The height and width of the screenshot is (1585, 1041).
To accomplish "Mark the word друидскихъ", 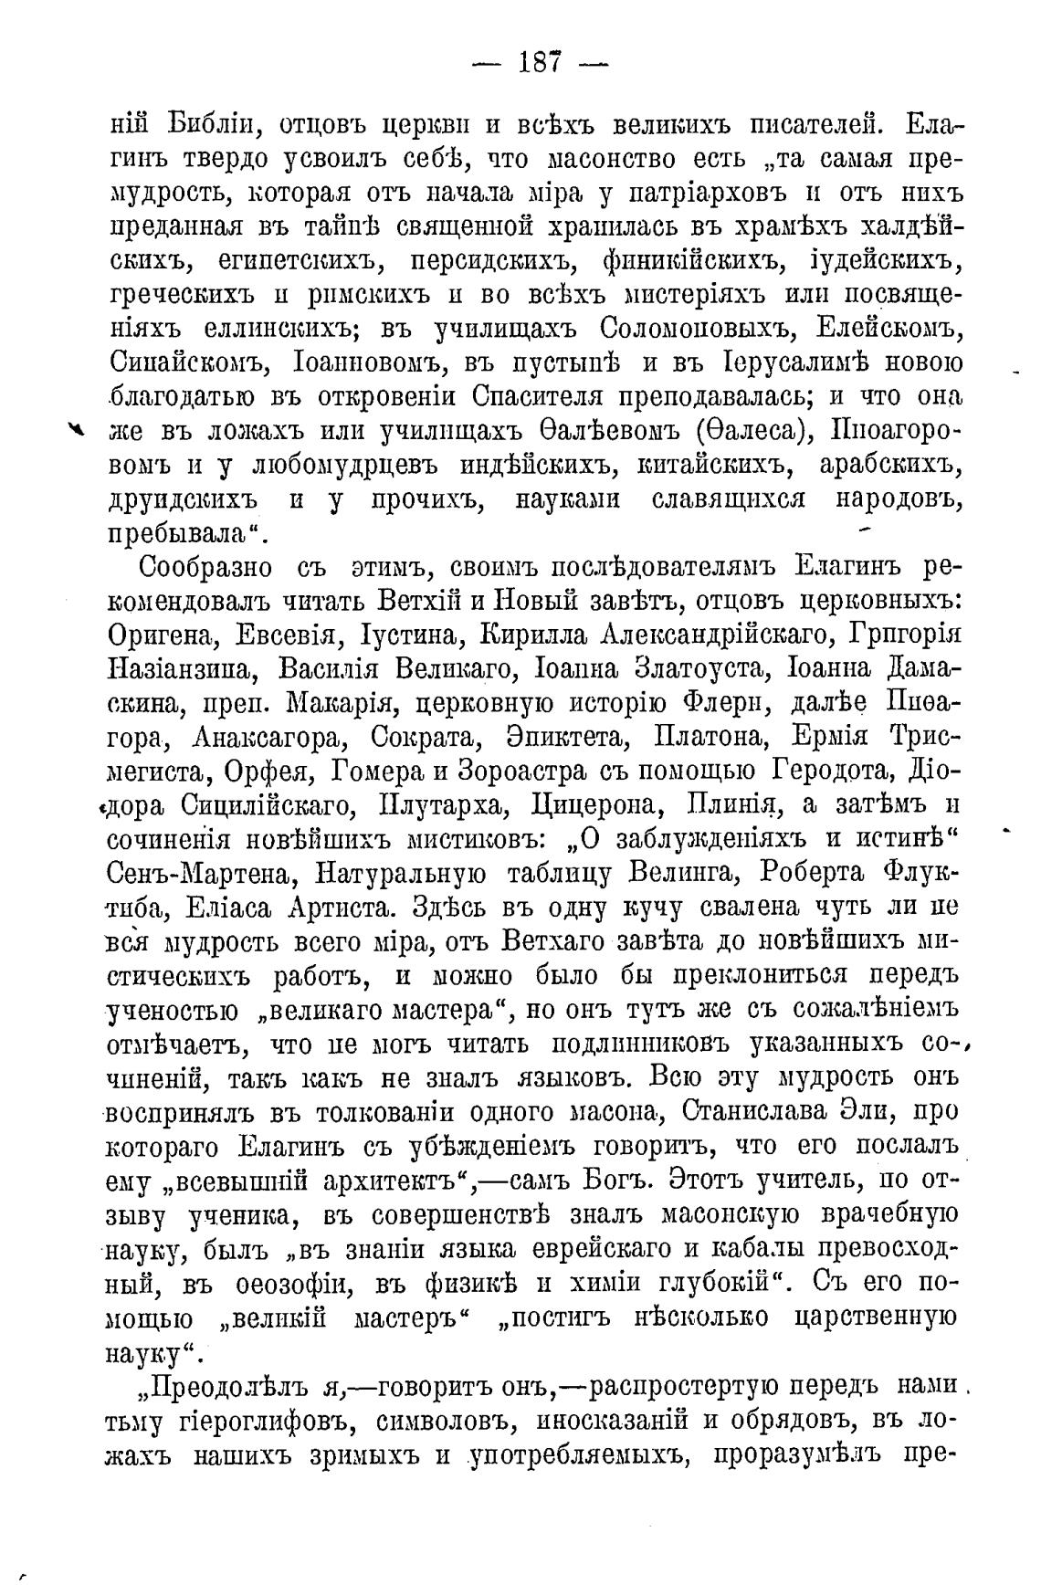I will point(184,501).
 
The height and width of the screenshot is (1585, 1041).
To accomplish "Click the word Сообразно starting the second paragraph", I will point(205,568).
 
